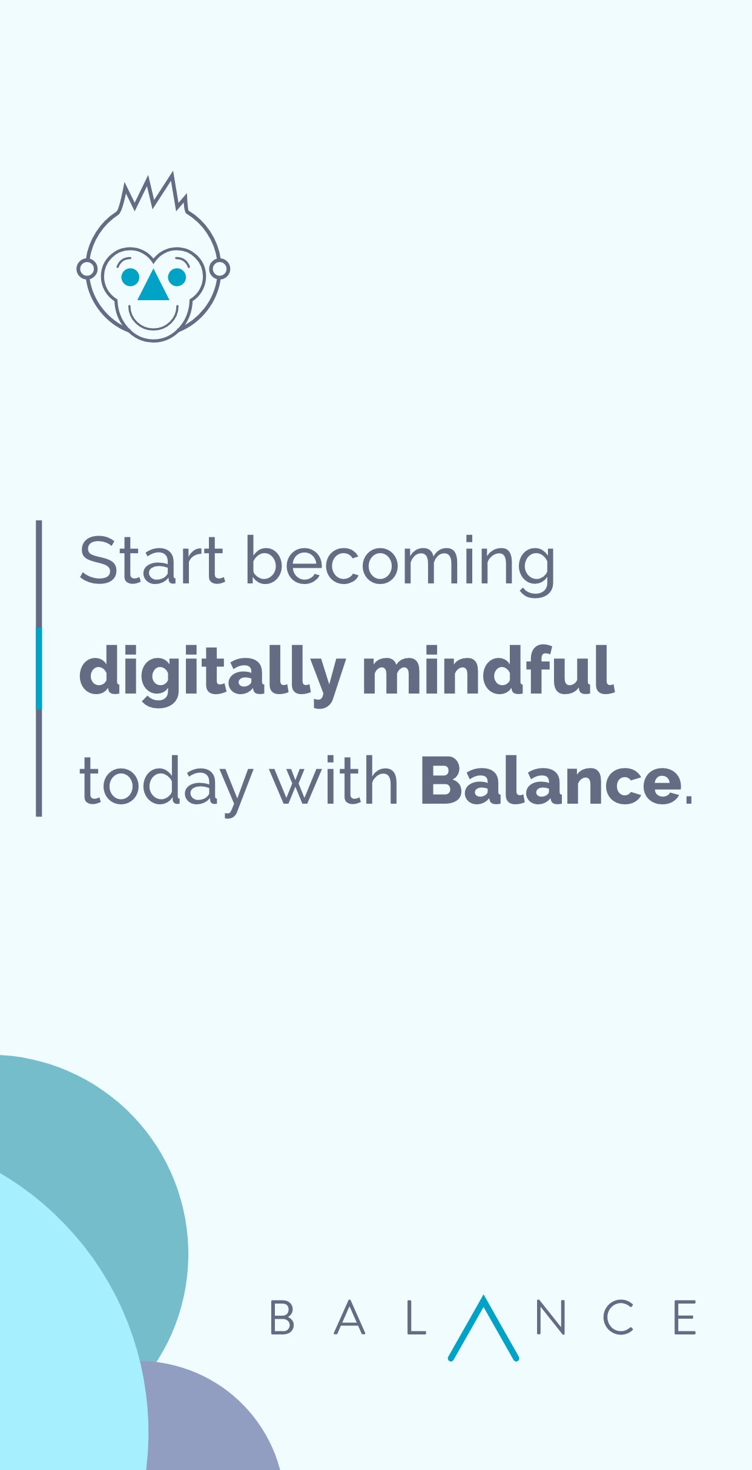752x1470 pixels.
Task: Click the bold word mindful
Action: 488,671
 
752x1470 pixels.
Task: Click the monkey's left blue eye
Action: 130,277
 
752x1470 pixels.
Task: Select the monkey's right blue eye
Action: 177,277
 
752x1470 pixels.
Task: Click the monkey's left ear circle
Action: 87,269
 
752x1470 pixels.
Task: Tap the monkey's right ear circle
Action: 220,269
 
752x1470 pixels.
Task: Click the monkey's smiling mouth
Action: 153,320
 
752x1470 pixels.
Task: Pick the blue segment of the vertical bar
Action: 39,668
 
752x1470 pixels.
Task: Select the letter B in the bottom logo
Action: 282,1317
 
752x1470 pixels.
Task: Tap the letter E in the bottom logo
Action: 685,1317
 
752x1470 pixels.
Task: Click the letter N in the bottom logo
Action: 550,1317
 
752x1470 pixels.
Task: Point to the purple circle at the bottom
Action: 206,1422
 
